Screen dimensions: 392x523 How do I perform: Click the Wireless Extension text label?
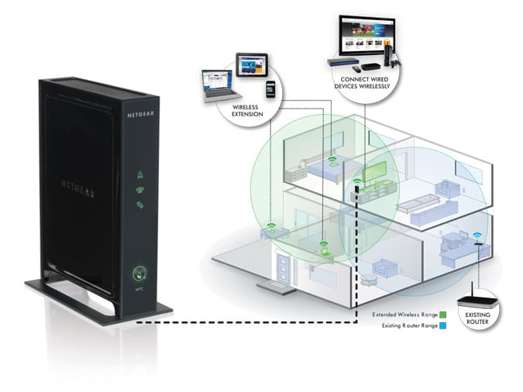tap(246, 110)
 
